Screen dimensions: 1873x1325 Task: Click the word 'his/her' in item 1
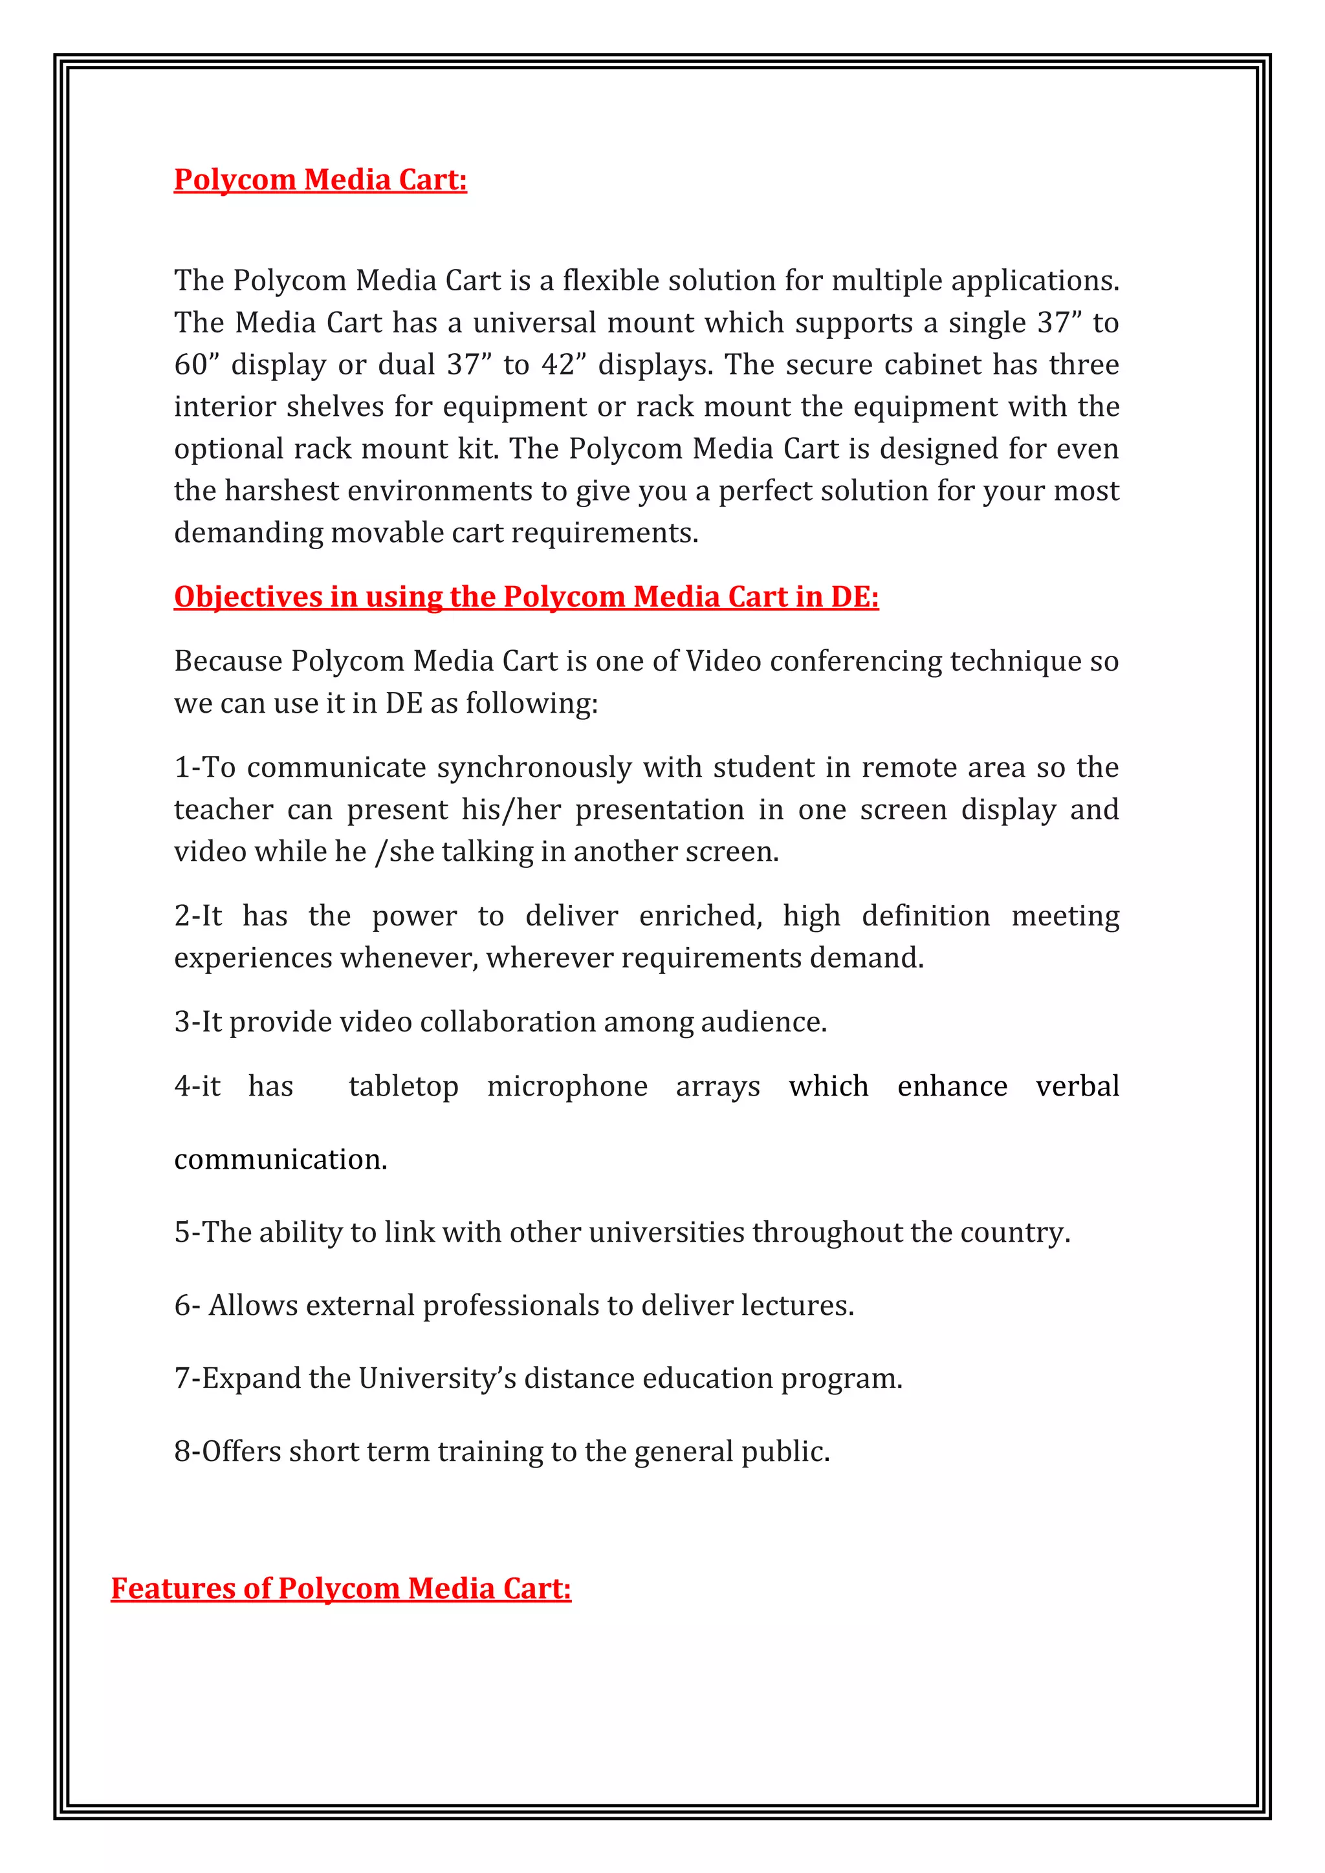510,809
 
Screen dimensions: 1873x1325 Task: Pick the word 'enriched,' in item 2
701,915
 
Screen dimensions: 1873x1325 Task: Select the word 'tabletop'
403,1087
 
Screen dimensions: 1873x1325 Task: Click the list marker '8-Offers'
228,1451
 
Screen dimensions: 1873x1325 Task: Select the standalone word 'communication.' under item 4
281,1159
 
